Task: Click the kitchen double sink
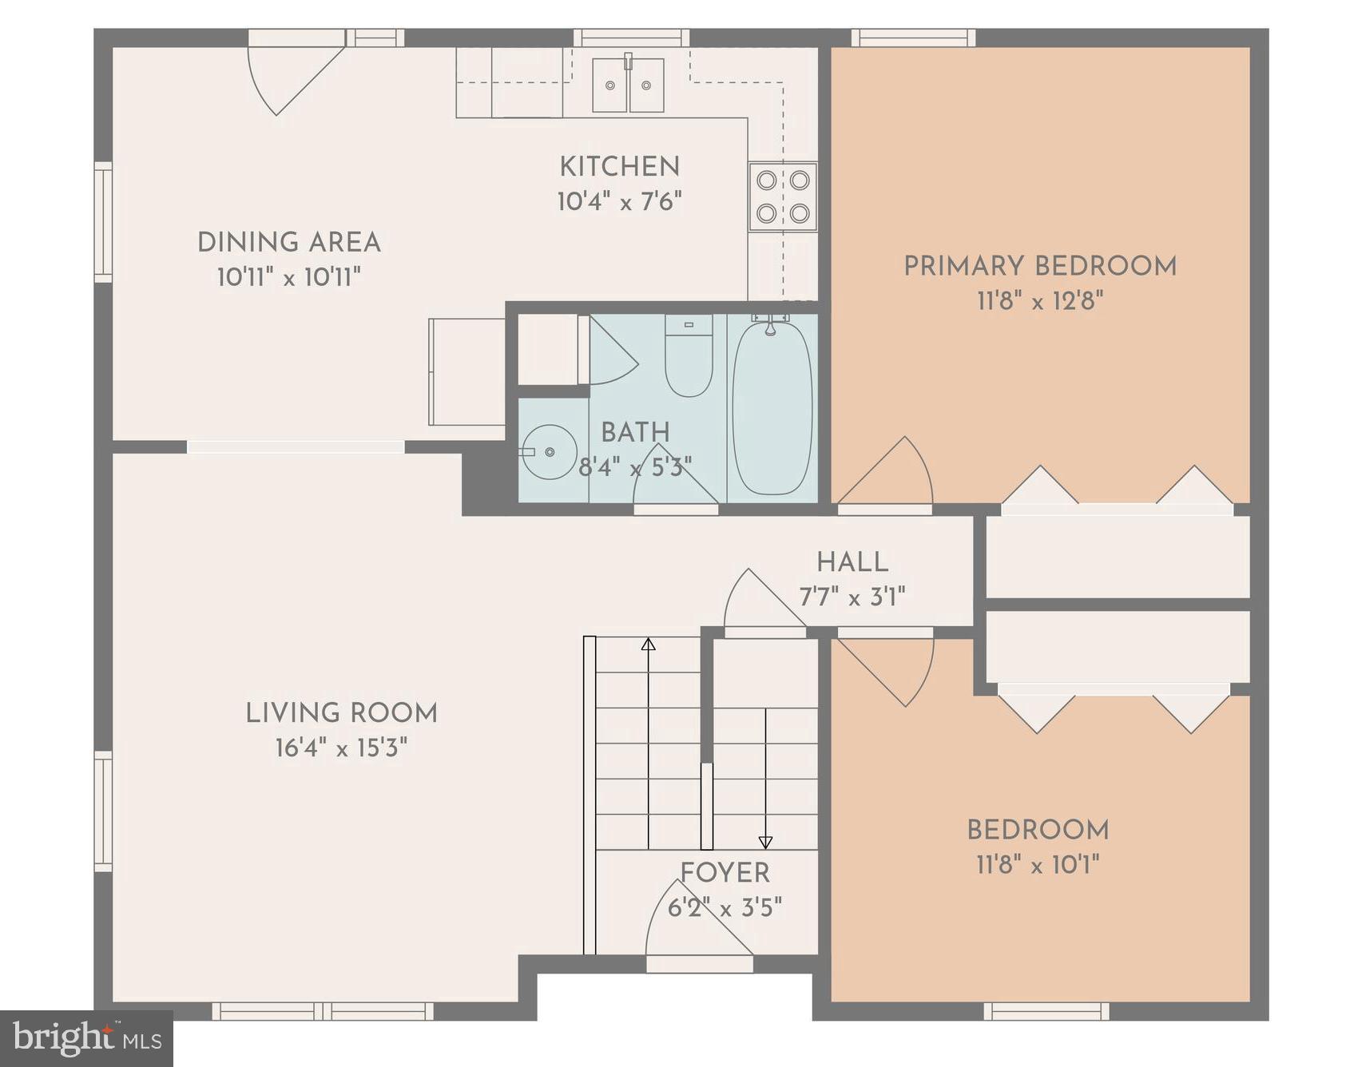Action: (628, 85)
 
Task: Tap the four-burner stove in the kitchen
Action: (783, 196)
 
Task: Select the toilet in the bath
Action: (689, 355)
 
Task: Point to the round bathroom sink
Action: (550, 452)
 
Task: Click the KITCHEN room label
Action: (619, 166)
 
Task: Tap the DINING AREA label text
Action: (288, 242)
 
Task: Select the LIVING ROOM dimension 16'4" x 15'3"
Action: (341, 748)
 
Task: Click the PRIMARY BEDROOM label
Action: (1039, 266)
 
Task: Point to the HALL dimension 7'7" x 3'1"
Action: (852, 597)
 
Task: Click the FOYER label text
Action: (725, 872)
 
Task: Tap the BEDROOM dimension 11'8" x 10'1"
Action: (1038, 864)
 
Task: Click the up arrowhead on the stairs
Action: (648, 644)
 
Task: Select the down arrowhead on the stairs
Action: (765, 842)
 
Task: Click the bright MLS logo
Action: (86, 1038)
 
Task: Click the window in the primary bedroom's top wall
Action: (913, 38)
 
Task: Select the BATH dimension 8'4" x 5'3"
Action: (635, 467)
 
